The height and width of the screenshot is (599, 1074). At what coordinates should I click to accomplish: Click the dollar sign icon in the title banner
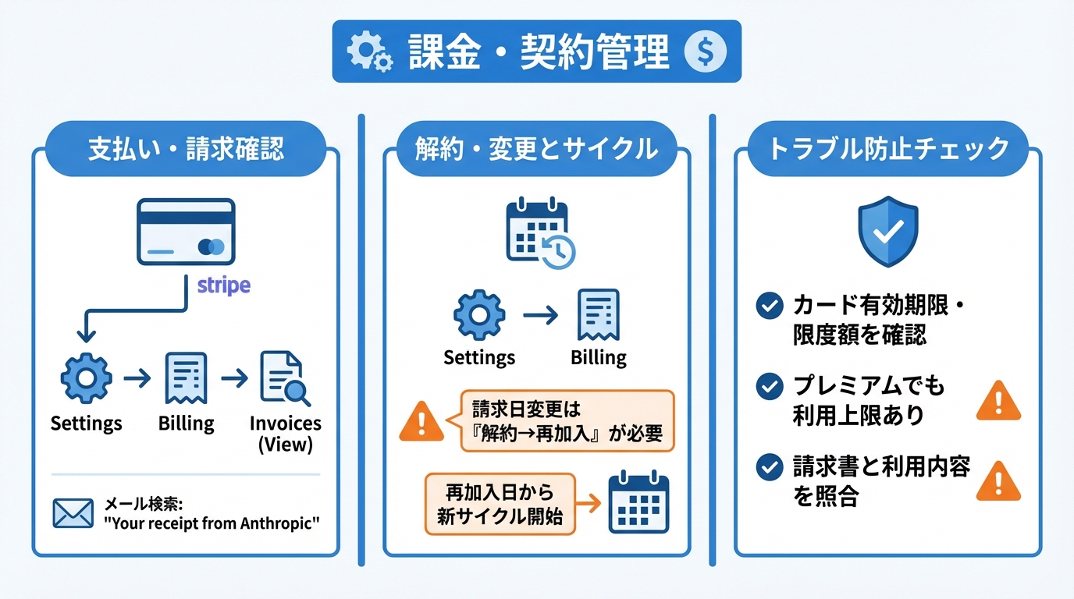pos(704,51)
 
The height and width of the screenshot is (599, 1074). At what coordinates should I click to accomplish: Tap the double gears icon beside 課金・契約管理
pos(369,51)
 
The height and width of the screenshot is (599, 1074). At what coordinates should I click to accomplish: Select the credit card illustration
pos(186,231)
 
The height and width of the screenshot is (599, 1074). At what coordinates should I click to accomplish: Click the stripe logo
pos(224,285)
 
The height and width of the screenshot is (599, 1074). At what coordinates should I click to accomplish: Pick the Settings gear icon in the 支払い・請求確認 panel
pos(86,378)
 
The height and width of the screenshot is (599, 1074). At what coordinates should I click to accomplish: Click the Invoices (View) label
pos(285,434)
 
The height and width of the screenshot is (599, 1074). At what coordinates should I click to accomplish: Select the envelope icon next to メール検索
pos(73,512)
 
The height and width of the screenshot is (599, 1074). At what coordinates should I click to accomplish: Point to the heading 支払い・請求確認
pos(186,148)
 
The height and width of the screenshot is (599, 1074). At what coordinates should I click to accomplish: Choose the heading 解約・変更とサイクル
pos(536,148)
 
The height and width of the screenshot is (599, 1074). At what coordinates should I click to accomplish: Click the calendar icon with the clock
pos(539,235)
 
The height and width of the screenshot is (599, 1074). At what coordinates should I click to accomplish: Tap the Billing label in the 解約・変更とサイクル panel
pos(599,358)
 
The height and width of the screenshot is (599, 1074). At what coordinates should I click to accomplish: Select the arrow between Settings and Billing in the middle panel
pos(540,315)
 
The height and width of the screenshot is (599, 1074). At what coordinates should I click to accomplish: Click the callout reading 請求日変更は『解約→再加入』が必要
pos(567,421)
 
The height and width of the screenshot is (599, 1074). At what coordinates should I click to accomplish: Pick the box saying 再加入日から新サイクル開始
pos(500,504)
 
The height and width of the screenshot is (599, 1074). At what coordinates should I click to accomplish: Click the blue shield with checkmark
pos(887,231)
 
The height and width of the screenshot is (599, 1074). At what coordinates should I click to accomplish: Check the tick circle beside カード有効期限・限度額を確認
pos(770,306)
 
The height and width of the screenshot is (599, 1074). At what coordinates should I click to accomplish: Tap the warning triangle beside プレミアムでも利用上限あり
pos(998,402)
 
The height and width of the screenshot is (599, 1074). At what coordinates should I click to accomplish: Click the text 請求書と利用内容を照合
pos(881,481)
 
